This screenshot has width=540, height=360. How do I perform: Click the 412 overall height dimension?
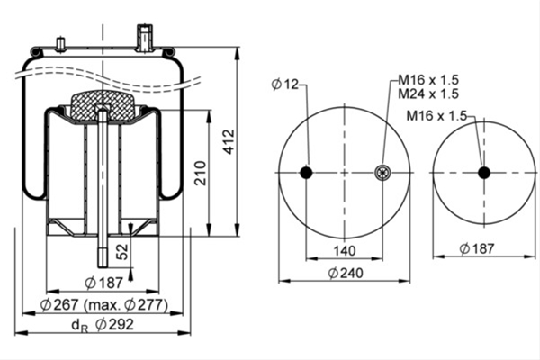(229, 141)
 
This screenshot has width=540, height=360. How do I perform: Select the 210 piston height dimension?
(200, 174)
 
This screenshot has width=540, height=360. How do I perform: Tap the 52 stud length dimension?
(122, 252)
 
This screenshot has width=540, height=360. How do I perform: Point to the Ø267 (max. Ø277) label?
(104, 305)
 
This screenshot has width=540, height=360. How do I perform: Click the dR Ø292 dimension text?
(103, 325)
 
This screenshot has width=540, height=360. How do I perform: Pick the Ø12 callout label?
(285, 84)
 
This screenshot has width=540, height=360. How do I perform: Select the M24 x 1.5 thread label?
(428, 94)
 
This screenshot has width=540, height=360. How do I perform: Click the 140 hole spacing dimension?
(345, 251)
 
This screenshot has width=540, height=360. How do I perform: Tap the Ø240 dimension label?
(346, 274)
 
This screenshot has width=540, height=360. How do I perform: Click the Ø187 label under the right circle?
(477, 248)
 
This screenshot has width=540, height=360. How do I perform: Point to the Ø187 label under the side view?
(103, 283)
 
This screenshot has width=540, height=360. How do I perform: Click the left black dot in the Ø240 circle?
(306, 172)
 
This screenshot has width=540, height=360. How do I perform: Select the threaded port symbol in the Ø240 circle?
(382, 172)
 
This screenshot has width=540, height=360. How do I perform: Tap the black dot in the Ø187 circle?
(484, 173)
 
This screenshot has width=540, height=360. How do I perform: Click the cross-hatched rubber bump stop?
(102, 106)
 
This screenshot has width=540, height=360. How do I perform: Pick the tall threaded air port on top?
(145, 38)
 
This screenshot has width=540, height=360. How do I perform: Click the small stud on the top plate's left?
(61, 45)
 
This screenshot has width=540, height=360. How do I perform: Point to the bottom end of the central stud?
(103, 267)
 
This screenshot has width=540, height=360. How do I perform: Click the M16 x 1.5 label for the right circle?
(436, 116)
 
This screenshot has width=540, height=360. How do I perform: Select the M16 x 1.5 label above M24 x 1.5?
(428, 80)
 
